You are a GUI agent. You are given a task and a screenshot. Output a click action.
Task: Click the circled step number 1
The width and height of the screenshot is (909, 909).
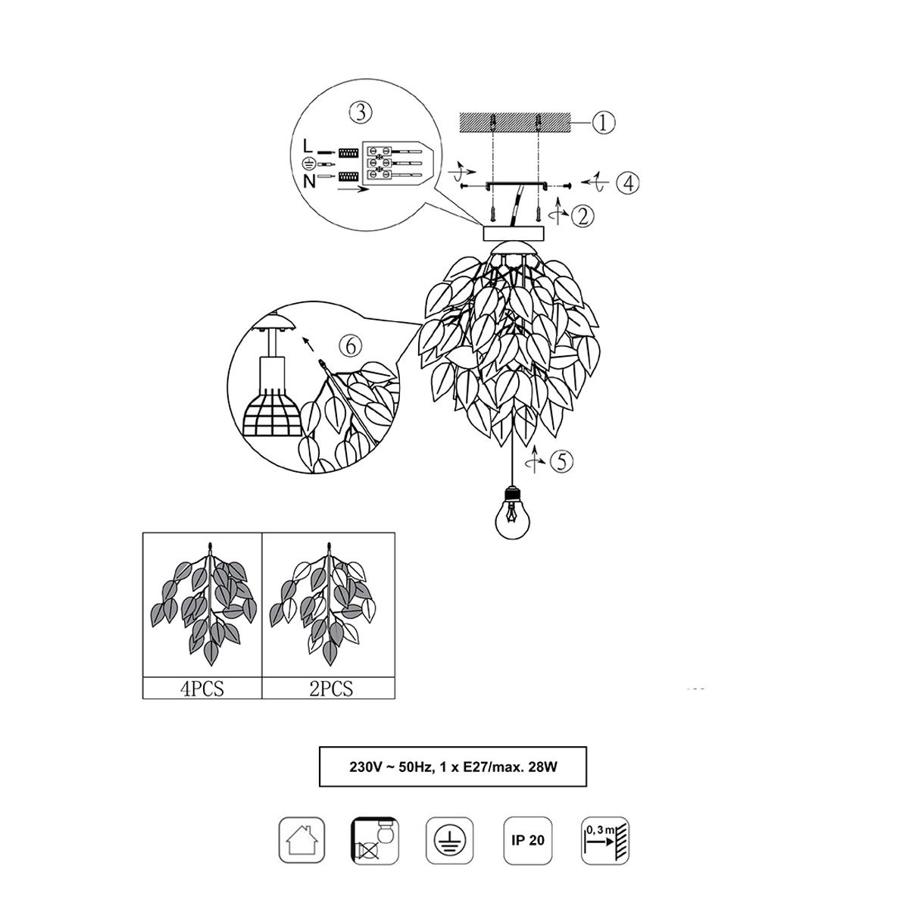pyautogui.click(x=603, y=123)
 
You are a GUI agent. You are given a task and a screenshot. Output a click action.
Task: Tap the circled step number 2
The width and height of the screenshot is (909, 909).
pyautogui.click(x=582, y=217)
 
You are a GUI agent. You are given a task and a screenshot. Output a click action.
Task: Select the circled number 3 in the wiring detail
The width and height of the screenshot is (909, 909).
pyautogui.click(x=361, y=112)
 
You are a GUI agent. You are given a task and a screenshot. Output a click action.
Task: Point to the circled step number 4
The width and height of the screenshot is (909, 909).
pyautogui.click(x=628, y=183)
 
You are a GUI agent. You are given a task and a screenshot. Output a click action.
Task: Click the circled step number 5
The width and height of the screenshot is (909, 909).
pyautogui.click(x=561, y=461)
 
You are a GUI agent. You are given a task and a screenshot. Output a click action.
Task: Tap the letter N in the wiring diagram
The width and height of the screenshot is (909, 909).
pyautogui.click(x=309, y=181)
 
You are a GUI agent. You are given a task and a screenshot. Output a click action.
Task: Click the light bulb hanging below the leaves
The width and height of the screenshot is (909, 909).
pyautogui.click(x=512, y=514)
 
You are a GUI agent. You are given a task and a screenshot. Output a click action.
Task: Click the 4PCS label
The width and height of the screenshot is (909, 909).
pyautogui.click(x=202, y=689)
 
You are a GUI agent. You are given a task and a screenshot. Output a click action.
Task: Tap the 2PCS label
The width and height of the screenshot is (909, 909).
pyautogui.click(x=331, y=689)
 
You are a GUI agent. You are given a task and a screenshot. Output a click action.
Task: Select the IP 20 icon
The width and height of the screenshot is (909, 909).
pyautogui.click(x=527, y=840)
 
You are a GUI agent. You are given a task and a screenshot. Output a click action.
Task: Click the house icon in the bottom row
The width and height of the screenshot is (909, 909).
pyautogui.click(x=302, y=840)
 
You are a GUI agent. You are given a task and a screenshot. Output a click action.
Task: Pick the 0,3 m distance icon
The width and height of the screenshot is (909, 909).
pyautogui.click(x=604, y=840)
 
